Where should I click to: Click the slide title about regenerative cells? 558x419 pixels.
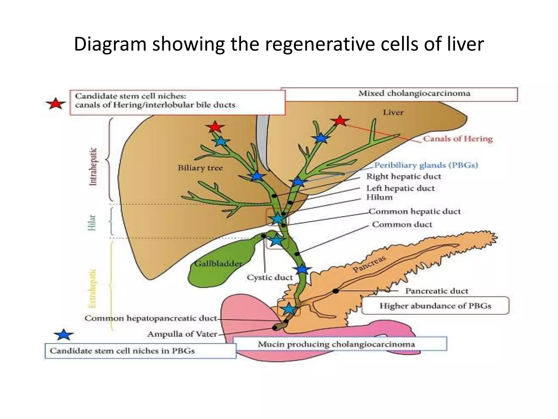279,44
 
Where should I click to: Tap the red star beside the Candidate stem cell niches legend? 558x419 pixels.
56,104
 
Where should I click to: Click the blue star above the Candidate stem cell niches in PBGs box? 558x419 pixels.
63,335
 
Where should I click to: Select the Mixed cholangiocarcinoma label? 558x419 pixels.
414,94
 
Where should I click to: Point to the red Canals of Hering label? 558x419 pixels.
458,139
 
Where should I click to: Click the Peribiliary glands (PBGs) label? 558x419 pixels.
426,165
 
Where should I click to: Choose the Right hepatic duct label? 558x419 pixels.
404,177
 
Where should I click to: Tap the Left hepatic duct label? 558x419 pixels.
400,188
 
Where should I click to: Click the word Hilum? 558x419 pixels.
379,197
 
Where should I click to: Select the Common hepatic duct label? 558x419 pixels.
414,212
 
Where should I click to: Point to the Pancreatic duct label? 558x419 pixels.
436,291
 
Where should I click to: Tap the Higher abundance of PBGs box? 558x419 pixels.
435,306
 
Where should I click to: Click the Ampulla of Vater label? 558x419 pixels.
182,334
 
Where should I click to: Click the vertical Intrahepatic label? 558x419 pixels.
93,167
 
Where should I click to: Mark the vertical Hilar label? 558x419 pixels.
92,223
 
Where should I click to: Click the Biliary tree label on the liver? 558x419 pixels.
200,168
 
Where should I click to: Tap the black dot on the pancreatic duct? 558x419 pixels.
336,291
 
